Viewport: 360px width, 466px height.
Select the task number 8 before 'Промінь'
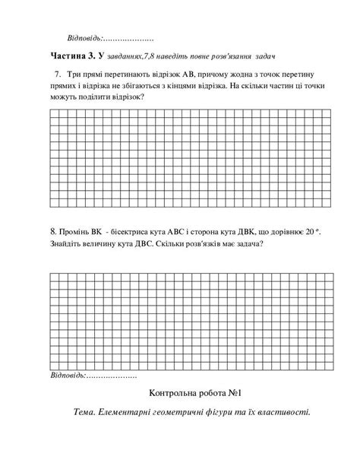pos(53,230)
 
